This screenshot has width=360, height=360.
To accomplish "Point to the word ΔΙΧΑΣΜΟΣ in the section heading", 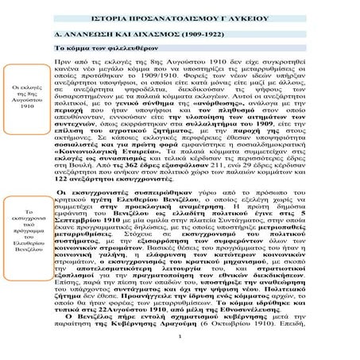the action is click(149, 37).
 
